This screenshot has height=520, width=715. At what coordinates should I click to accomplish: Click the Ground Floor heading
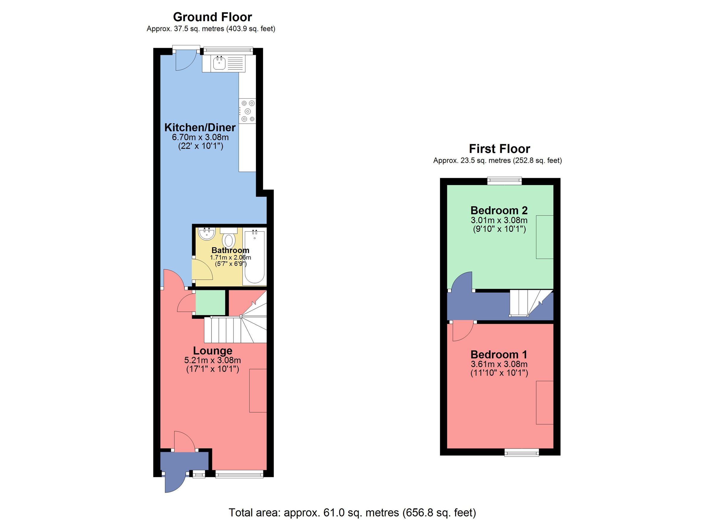click(212, 17)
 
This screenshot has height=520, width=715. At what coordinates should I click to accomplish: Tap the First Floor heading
click(499, 148)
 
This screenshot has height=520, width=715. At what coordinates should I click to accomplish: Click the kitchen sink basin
click(219, 64)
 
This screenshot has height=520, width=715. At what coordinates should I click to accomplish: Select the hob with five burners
click(248, 111)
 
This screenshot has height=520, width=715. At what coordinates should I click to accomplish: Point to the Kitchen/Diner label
click(200, 128)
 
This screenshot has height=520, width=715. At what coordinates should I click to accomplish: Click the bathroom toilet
click(229, 240)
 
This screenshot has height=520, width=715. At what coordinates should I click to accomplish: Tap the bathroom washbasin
click(206, 234)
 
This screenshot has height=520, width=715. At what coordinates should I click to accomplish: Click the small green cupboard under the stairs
click(210, 302)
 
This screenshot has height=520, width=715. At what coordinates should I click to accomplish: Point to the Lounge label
click(212, 351)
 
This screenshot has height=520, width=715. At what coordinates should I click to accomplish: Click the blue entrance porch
click(184, 461)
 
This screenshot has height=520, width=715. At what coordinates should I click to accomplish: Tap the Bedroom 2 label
click(499, 210)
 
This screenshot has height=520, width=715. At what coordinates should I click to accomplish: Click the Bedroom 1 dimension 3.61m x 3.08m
click(499, 364)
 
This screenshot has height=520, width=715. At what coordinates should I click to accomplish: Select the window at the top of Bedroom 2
click(504, 180)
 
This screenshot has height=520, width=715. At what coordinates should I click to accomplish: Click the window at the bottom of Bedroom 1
click(521, 453)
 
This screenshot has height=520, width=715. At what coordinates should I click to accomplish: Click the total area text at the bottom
click(352, 513)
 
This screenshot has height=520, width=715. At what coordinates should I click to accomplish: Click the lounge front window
click(239, 474)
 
